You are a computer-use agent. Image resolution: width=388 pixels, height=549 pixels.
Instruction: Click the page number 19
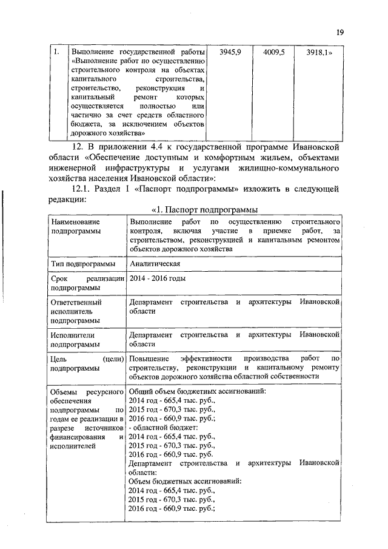point(340,33)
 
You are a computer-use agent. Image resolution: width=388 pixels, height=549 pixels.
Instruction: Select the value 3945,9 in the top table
point(230,52)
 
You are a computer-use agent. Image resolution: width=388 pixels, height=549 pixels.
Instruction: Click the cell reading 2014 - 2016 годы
point(158,278)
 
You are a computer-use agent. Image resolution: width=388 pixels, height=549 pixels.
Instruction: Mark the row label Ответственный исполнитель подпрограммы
point(76,311)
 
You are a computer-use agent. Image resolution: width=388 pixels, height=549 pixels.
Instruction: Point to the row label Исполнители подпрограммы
point(76,339)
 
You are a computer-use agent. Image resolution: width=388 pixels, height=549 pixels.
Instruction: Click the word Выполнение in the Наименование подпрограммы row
point(150,223)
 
